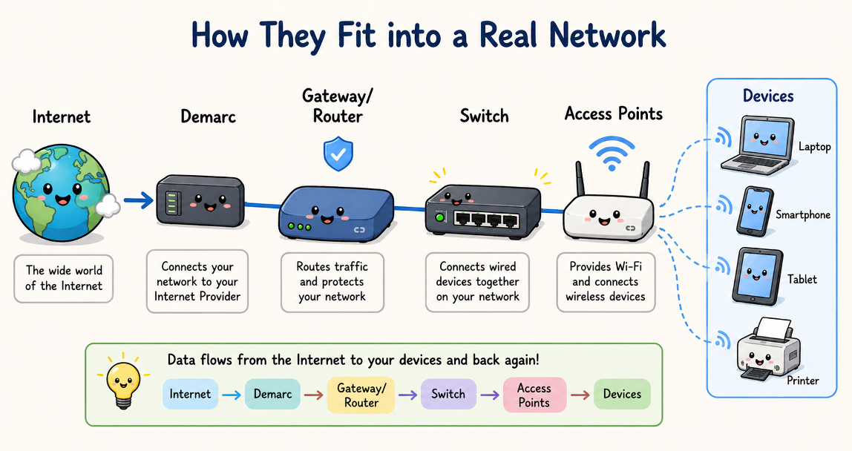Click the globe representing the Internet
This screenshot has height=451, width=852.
pos(61,194)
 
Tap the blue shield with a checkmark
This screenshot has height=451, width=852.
pos(338,154)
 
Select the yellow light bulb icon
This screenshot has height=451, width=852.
pos(123,381)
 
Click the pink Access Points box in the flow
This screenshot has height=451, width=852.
pos(534,395)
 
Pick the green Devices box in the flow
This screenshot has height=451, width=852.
pos(622,395)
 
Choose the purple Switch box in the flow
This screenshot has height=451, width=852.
pos(448,395)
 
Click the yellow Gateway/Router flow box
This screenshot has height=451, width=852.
pos(361,395)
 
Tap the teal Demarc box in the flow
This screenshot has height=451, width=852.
pos(272,395)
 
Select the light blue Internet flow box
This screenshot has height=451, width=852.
pos(190,395)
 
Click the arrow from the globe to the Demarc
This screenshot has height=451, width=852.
pos(137,200)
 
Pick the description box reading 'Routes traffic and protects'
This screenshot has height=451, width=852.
pos(332,281)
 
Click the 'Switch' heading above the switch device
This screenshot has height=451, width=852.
pos(484,116)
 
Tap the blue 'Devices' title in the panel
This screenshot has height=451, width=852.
pos(768,96)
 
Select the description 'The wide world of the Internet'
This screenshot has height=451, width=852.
pos(64,278)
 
